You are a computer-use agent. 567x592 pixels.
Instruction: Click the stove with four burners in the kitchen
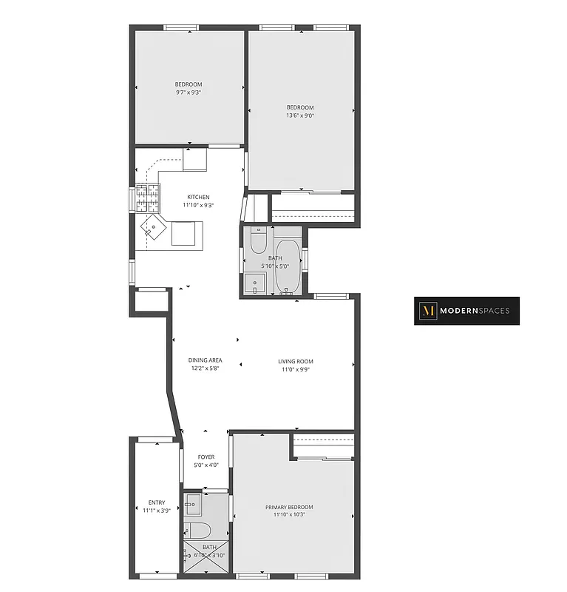[x=146, y=198]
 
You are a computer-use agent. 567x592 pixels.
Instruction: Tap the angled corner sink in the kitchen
[x=152, y=226]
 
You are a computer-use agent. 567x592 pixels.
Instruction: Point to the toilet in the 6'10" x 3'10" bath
[x=198, y=530]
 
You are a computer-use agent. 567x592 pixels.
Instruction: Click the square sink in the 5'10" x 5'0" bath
[x=256, y=284]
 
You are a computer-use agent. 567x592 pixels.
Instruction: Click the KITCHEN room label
[x=198, y=197]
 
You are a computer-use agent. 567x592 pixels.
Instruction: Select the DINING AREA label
[x=206, y=361]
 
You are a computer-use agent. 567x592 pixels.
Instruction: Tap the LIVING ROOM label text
[x=295, y=361]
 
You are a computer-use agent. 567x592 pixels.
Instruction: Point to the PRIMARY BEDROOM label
[x=289, y=507]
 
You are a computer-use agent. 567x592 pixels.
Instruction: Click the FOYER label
[x=206, y=457]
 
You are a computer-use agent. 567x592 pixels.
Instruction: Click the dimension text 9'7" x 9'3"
[x=189, y=92]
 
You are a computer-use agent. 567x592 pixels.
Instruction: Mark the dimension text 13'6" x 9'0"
[x=300, y=115]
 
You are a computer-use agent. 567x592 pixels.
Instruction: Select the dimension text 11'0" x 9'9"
[x=295, y=369]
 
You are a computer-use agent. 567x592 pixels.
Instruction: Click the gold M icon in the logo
[x=427, y=311]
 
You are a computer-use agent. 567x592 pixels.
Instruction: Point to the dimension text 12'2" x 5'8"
[x=206, y=369]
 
